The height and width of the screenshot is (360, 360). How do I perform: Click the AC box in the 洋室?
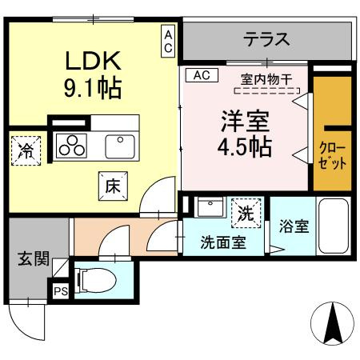(x=201, y=75)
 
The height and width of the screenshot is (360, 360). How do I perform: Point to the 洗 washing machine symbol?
(x=246, y=213)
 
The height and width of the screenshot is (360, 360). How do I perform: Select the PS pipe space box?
(x=61, y=291)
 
